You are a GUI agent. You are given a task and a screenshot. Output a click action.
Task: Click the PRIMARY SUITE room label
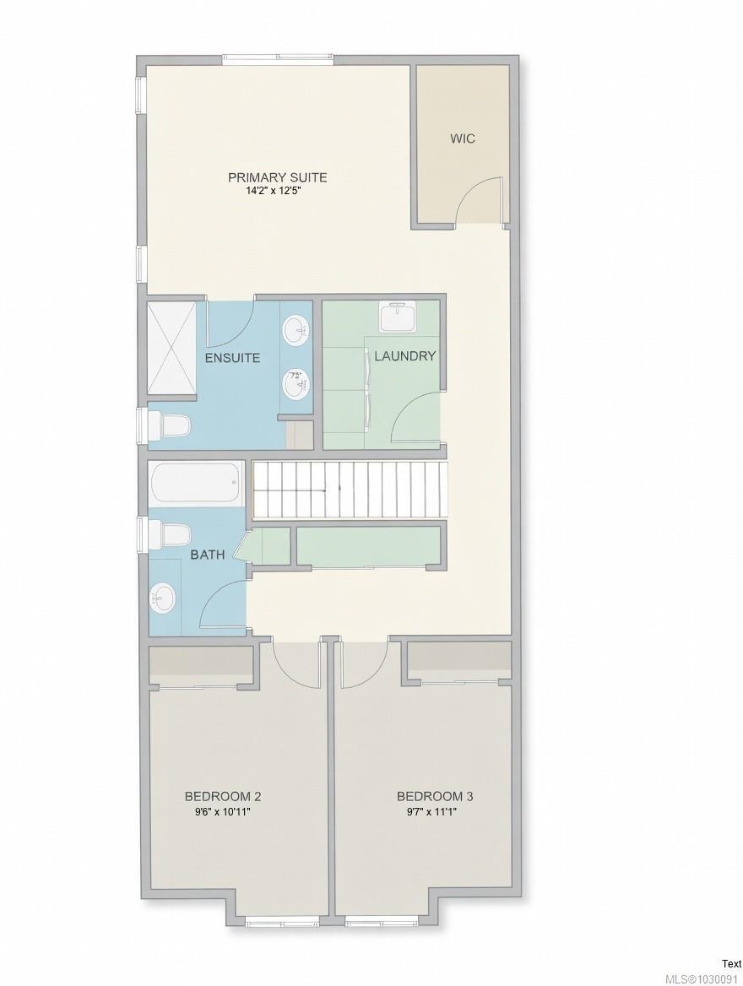(277, 177)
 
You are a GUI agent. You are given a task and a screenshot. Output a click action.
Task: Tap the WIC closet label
(462, 138)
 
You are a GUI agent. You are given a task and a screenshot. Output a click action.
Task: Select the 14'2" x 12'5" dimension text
(277, 191)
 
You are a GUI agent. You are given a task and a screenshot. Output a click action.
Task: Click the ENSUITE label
(232, 358)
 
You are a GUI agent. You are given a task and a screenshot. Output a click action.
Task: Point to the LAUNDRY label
(404, 356)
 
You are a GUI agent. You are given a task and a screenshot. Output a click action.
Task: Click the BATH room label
(207, 555)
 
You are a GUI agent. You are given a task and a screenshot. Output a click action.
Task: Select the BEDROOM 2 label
(223, 796)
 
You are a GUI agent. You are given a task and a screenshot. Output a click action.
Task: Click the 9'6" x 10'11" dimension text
(223, 811)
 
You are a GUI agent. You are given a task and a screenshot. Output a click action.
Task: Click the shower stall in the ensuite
(172, 347)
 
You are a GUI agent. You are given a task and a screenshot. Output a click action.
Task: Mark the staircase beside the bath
(350, 490)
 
